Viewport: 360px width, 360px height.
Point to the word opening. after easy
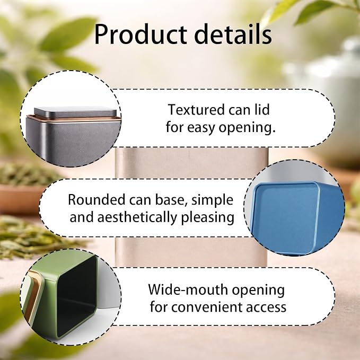(x=247, y=128)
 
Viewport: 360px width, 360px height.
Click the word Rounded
(x=96, y=199)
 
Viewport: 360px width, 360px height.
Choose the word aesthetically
(x=137, y=217)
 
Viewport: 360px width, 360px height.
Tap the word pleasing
(x=207, y=217)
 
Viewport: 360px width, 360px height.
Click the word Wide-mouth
(x=189, y=289)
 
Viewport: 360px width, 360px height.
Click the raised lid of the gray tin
(x=75, y=112)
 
